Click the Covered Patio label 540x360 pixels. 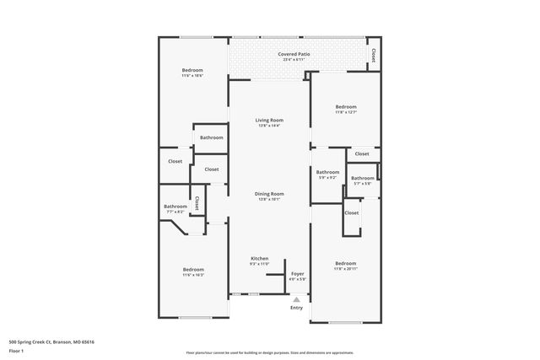pyautogui.click(x=294, y=55)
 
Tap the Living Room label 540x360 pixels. pyautogui.click(x=270, y=121)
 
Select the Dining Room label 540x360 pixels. pyautogui.click(x=270, y=194)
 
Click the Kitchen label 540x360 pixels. pyautogui.click(x=260, y=258)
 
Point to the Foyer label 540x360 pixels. pyautogui.click(x=298, y=274)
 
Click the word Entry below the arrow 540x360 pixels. pyautogui.click(x=296, y=308)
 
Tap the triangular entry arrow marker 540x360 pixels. pyautogui.click(x=296, y=298)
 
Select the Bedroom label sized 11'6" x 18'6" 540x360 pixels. pyautogui.click(x=193, y=70)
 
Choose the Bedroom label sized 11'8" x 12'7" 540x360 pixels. pyautogui.click(x=346, y=107)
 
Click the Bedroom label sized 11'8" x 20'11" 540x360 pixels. pyautogui.click(x=346, y=263)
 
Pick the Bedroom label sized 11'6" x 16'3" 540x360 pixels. pyautogui.click(x=193, y=269)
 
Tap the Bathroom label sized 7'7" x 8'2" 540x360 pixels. pyautogui.click(x=175, y=207)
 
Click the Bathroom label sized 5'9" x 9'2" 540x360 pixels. pyautogui.click(x=327, y=175)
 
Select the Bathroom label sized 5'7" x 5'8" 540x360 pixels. pyautogui.click(x=363, y=179)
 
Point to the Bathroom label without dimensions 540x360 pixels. pyautogui.click(x=211, y=137)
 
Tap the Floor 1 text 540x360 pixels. pyautogui.click(x=16, y=350)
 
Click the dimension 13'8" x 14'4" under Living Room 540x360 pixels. pyautogui.click(x=270, y=126)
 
